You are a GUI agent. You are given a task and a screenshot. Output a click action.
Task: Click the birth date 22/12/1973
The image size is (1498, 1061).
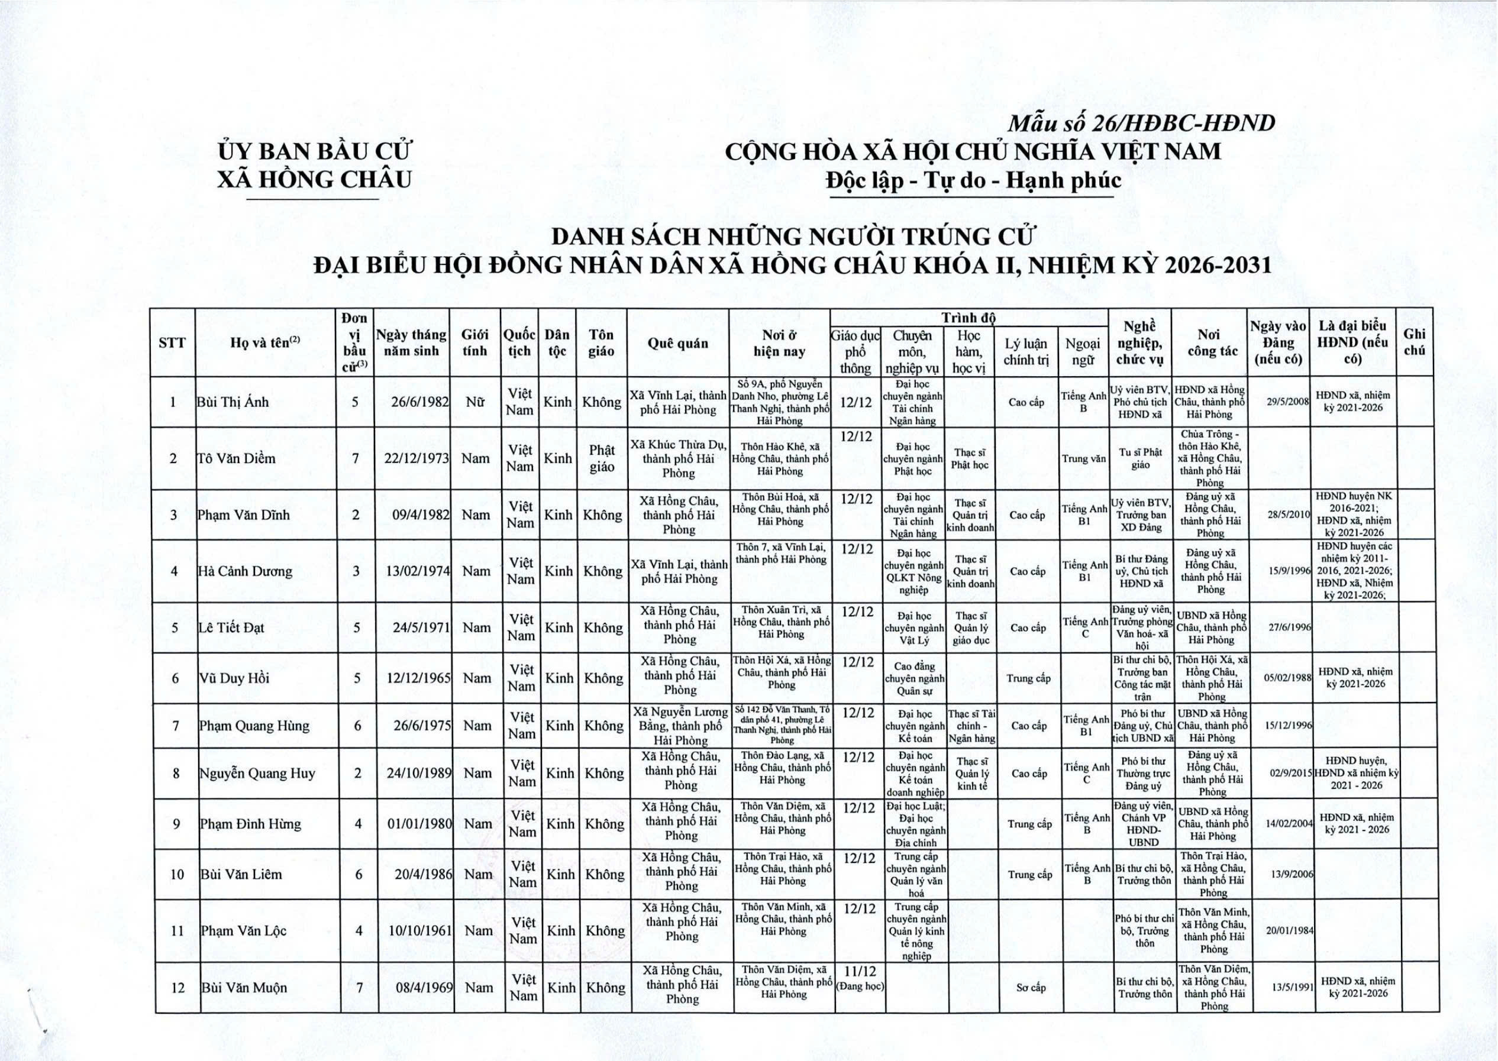[417, 458]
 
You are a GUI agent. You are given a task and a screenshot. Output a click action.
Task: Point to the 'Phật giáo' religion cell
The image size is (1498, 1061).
[601, 458]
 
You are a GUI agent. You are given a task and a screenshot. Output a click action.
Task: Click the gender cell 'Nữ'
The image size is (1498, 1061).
[475, 402]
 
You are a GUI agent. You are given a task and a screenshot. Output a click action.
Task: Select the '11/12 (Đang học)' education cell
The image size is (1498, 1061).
[860, 986]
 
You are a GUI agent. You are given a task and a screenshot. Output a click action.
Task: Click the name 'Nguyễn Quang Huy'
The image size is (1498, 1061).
[257, 773]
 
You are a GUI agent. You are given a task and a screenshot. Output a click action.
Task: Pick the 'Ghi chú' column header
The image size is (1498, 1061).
[1415, 342]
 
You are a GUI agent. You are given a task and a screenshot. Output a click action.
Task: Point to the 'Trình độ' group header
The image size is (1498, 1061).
[968, 318]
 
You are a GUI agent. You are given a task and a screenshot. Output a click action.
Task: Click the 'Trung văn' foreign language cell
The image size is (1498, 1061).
[1084, 458]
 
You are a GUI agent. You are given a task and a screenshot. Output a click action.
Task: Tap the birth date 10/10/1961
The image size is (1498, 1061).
[420, 930]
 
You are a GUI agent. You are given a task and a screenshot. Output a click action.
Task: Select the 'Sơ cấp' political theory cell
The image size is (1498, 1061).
[1031, 987]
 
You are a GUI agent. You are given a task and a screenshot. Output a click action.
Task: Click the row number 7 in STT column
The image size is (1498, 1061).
[176, 725]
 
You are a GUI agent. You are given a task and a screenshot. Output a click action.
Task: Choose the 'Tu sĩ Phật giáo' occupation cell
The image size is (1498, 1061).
[1141, 458]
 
